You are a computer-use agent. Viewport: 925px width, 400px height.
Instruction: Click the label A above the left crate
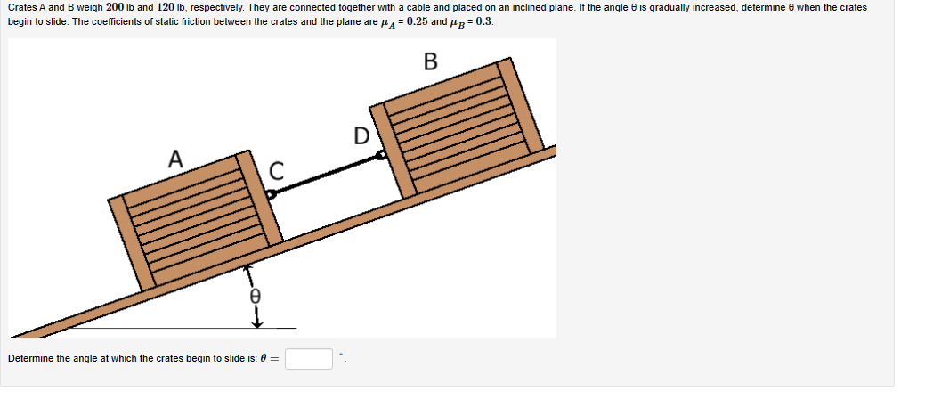coord(176,159)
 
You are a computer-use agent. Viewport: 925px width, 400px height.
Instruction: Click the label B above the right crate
coord(431,61)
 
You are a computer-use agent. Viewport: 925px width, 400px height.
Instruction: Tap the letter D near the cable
coord(361,136)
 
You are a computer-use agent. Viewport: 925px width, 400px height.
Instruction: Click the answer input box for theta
coord(309,359)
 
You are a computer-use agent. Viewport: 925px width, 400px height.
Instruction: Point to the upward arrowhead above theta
coord(250,266)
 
